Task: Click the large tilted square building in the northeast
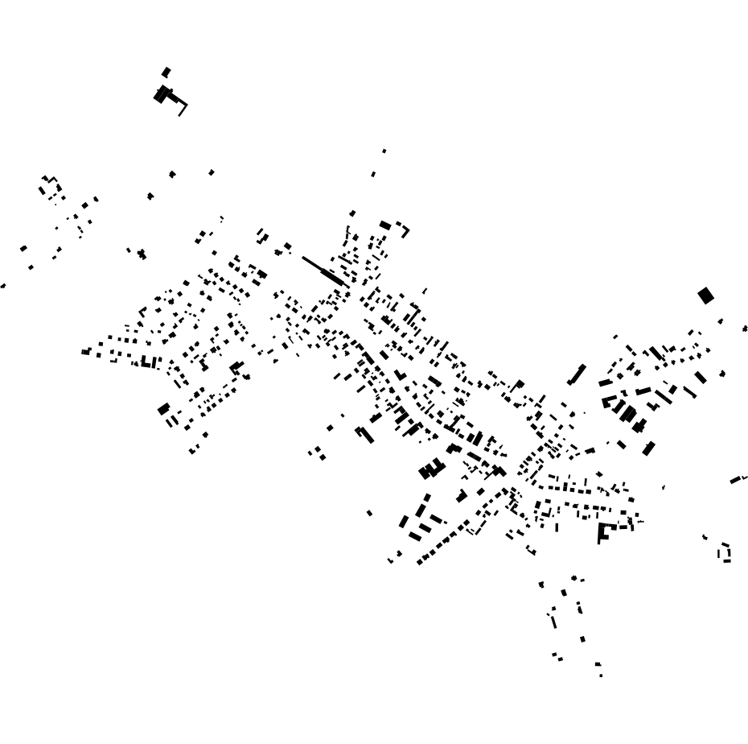click(705, 296)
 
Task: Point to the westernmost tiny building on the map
click(2, 286)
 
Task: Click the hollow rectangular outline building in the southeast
click(725, 552)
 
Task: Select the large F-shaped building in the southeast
click(605, 532)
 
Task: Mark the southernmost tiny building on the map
click(601, 675)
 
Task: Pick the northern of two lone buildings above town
click(384, 151)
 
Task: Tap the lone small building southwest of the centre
click(369, 513)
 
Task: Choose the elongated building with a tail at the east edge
click(737, 480)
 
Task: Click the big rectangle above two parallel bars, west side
click(164, 409)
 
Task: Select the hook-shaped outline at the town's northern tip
click(402, 229)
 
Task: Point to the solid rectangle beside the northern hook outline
click(385, 225)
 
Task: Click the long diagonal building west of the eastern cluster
click(577, 374)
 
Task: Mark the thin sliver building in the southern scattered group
click(553, 621)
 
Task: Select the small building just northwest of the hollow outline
click(705, 537)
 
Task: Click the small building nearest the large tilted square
click(721, 321)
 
